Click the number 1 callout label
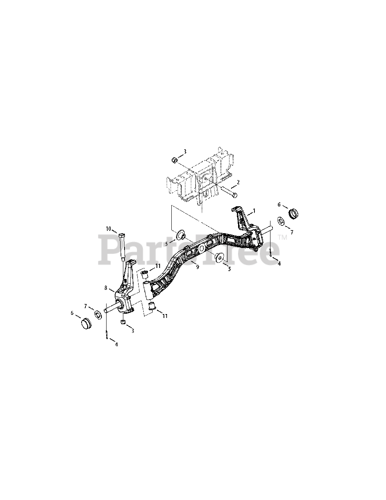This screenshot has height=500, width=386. [x=254, y=211]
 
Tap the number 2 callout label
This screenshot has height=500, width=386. [x=238, y=182]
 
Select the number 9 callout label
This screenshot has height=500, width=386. [x=198, y=266]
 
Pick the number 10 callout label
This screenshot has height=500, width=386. [x=108, y=228]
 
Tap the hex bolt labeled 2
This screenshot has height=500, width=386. [x=229, y=193]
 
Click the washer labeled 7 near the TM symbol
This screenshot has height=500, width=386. [x=281, y=221]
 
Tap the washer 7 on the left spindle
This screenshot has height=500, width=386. [x=97, y=313]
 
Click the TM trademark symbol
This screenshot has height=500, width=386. [x=282, y=237]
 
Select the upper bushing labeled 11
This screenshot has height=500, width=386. [x=144, y=275]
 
